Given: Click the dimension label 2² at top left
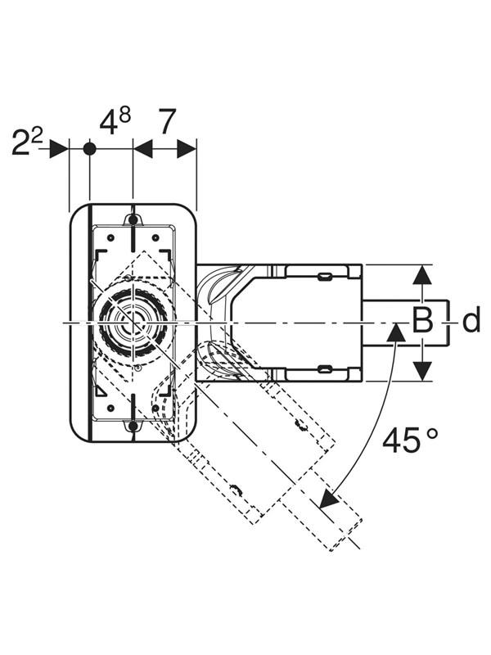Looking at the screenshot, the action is click(x=27, y=142).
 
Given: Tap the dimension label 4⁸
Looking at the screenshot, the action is click(x=115, y=121).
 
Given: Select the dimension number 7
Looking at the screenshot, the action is click(x=167, y=121).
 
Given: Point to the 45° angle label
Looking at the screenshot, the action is click(x=411, y=440).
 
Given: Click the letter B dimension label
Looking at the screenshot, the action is click(x=422, y=320).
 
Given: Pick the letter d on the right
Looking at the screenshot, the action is click(x=471, y=321).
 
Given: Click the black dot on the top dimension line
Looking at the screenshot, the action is click(x=90, y=149).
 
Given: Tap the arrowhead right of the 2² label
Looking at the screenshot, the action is click(x=59, y=149).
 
